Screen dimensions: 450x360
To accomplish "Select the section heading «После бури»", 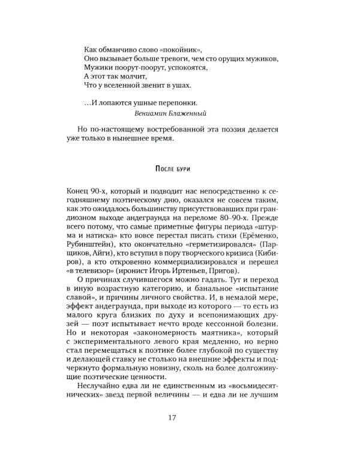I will [179, 166].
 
